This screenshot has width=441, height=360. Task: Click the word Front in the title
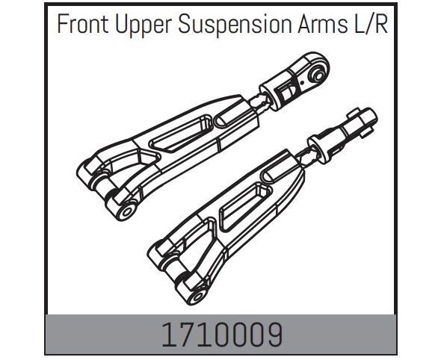point(83,24)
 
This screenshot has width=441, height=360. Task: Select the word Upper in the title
point(144,26)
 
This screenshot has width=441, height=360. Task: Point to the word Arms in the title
point(323,25)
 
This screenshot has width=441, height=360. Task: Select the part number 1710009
point(222,335)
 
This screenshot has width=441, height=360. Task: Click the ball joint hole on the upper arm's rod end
point(318,75)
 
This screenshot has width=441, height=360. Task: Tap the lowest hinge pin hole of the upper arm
point(127,211)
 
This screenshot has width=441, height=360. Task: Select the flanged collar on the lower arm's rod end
point(320,148)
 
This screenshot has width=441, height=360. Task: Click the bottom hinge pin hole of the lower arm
point(199,296)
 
